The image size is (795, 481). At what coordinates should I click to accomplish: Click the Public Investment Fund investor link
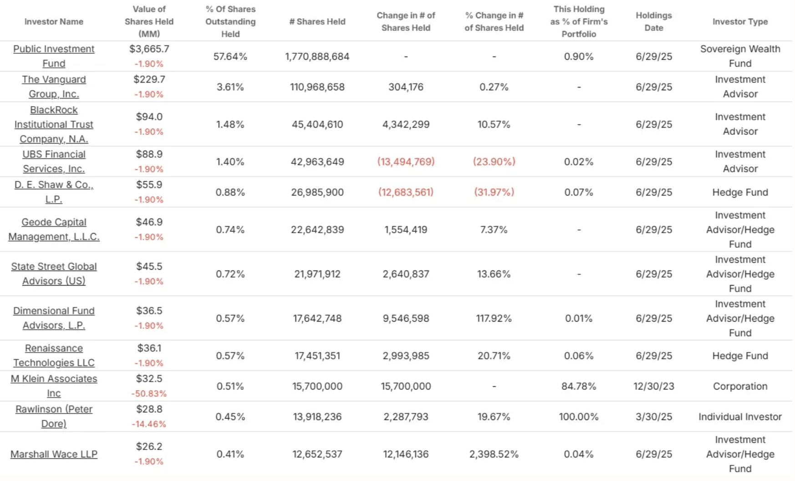click(x=54, y=56)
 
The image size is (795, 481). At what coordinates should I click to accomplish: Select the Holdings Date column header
click(x=653, y=21)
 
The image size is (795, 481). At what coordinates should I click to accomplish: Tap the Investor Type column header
click(x=740, y=21)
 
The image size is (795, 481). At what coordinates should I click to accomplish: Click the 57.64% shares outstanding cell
click(x=230, y=56)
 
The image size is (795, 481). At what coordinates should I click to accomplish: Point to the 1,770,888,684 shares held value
click(x=317, y=56)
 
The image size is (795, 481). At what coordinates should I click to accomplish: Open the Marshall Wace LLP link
click(x=54, y=454)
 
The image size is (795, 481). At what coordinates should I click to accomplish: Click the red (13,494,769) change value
click(x=406, y=162)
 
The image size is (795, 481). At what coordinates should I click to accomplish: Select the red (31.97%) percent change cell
click(x=494, y=192)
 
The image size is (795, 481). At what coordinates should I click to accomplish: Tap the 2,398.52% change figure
click(x=494, y=454)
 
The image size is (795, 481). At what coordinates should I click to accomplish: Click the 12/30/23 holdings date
click(x=653, y=386)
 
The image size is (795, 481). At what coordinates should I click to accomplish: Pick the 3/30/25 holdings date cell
click(x=653, y=417)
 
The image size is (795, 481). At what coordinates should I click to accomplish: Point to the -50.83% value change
click(x=149, y=394)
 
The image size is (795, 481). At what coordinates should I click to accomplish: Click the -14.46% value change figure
click(x=149, y=424)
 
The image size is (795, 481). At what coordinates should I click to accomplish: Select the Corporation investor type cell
click(x=740, y=386)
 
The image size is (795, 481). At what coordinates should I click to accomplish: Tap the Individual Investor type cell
click(x=740, y=417)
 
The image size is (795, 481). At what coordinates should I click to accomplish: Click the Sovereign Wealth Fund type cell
click(x=740, y=56)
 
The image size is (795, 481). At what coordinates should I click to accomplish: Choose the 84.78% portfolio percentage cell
click(x=579, y=386)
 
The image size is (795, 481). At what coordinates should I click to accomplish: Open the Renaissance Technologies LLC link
click(x=54, y=355)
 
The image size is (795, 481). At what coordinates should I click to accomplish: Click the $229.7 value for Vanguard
click(x=149, y=79)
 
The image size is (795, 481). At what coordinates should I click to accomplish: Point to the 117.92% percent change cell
click(x=494, y=318)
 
